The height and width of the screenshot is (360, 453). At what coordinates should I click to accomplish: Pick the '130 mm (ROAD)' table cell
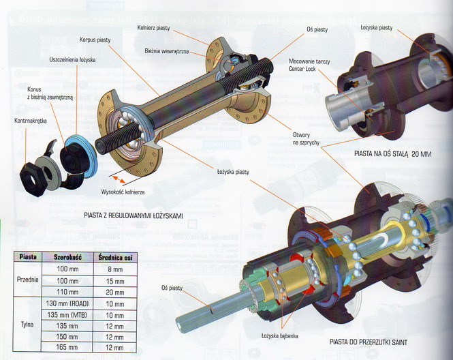[x=68, y=303]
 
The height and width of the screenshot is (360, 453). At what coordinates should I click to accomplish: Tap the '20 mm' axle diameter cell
[x=114, y=291]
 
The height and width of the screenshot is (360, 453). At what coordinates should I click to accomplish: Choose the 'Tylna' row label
[x=28, y=325]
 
